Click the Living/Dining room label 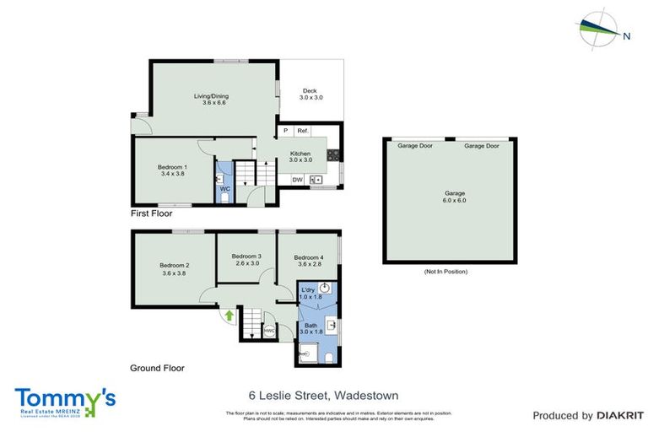click(x=211, y=100)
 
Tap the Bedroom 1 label click(x=172, y=170)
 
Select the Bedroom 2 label click(x=174, y=269)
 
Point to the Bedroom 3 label click(x=247, y=260)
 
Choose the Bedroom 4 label click(x=309, y=261)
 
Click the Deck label click(x=310, y=94)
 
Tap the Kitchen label click(x=300, y=156)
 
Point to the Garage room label click(x=455, y=197)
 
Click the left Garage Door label click(x=415, y=146)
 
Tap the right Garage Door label click(x=481, y=146)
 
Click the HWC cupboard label click(x=269, y=331)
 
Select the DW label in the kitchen click(x=297, y=179)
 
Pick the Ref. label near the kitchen click(x=302, y=131)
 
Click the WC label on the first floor click(x=225, y=188)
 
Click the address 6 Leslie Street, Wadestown click(x=323, y=395)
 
